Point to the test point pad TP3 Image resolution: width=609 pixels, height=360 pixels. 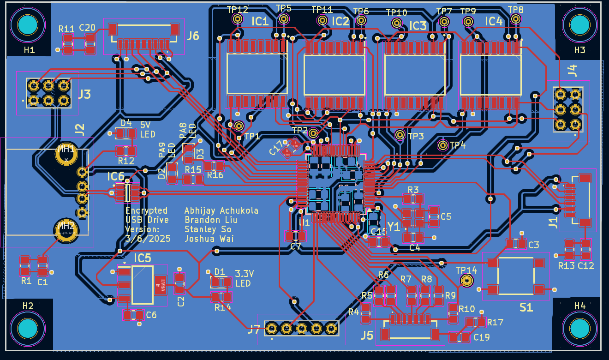(400, 135)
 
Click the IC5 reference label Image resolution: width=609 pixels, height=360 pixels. (142, 258)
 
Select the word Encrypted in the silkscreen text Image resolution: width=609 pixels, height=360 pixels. (146, 210)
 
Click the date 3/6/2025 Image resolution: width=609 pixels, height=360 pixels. (148, 239)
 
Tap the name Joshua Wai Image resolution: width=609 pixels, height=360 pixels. (209, 239)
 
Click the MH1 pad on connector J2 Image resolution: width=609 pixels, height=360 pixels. (66, 155)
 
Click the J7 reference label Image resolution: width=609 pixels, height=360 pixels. (254, 330)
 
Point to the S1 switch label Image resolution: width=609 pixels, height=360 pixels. (526, 307)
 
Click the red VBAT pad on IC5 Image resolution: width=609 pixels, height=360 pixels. (160, 285)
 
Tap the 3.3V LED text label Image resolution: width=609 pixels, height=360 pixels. (243, 277)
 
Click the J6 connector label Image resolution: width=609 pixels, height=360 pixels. (193, 36)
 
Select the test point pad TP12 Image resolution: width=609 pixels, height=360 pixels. (238, 19)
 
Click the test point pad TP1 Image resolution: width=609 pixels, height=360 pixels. (239, 126)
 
